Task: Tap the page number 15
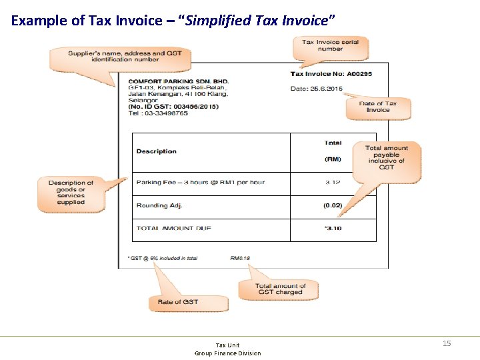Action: tap(447, 343)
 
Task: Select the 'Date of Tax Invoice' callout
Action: tap(378, 107)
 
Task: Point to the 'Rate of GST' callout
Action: tap(178, 302)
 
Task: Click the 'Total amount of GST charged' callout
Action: tap(279, 289)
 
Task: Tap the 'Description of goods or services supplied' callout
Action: tap(71, 192)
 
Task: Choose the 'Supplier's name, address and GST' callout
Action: tap(117, 57)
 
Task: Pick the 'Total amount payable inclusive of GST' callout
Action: tap(387, 157)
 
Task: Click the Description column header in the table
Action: tap(157, 151)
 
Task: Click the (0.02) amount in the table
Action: tap(333, 205)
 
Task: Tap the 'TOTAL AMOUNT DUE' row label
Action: tap(174, 228)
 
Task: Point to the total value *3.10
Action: tap(333, 228)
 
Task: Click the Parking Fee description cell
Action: tap(201, 182)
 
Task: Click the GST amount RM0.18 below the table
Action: tap(240, 257)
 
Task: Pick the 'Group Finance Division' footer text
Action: tap(227, 353)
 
